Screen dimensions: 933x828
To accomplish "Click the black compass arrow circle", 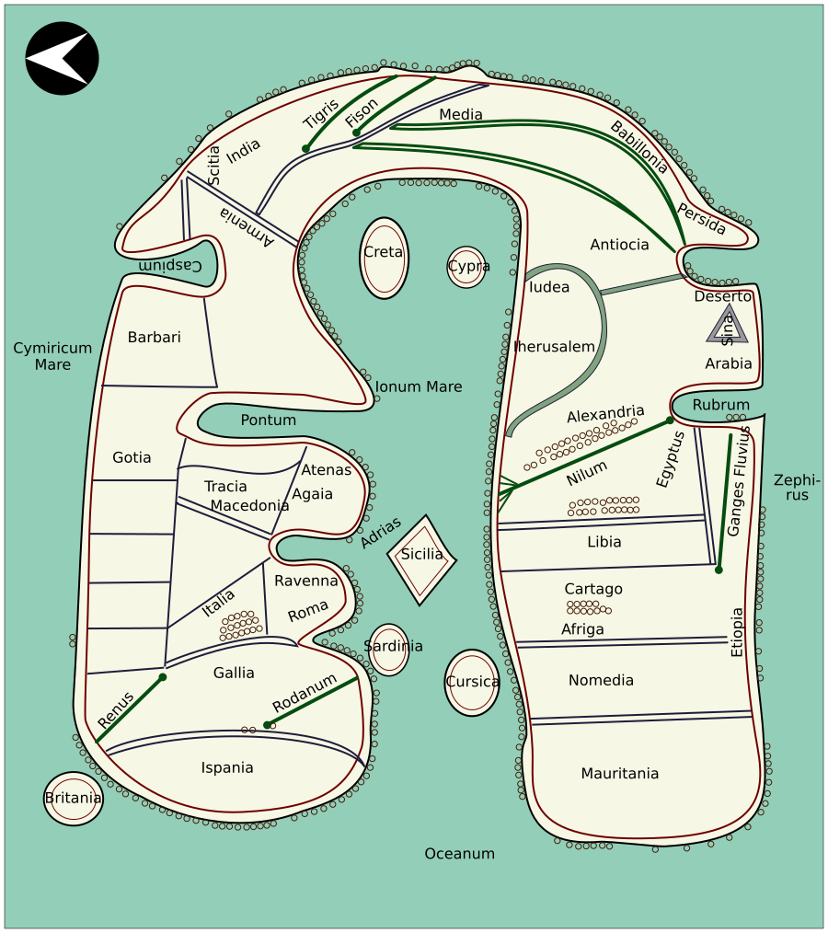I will tap(62, 58).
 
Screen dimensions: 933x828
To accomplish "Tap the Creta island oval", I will tap(384, 259).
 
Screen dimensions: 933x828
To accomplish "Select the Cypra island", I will tap(466, 267).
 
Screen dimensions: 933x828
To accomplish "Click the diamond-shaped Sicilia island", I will tap(421, 559).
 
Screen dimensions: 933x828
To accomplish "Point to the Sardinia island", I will tap(391, 649).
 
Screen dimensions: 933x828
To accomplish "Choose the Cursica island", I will tap(472, 683).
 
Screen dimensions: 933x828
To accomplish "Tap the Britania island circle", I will tap(74, 799).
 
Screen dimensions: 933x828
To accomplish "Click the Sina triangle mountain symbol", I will tap(728, 325).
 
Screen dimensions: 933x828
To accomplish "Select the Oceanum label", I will tap(459, 854).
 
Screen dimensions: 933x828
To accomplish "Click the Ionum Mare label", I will tap(418, 387).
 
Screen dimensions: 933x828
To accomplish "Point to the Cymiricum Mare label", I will tap(52, 356).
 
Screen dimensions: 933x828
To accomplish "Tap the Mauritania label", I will tap(619, 774).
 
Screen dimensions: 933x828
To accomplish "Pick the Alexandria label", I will tap(605, 413).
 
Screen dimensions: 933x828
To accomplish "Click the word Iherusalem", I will tap(555, 347).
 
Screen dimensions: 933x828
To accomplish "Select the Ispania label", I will tap(227, 767).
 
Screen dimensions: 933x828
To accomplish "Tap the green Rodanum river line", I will tap(313, 701).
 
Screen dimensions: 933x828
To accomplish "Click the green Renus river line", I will tap(130, 709).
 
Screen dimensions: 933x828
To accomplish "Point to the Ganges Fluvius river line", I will tap(725, 501).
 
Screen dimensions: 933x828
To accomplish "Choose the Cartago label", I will tap(593, 589).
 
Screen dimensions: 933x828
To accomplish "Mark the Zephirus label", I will tap(797, 488).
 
